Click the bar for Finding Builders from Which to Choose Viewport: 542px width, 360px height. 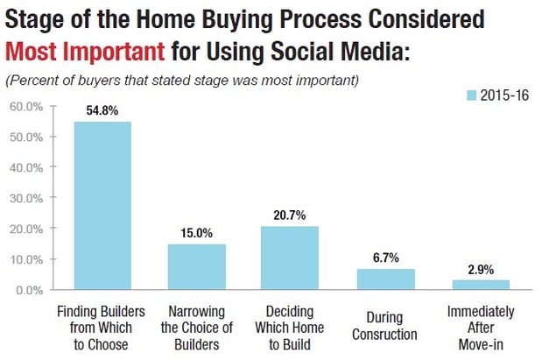tap(102, 206)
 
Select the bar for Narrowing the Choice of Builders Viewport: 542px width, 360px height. tap(197, 266)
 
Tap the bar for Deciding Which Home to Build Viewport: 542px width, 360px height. tap(290, 258)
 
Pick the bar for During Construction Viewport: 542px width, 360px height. tap(386, 279)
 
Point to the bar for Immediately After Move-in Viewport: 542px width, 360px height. tap(481, 285)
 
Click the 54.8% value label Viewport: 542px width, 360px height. tap(102, 110)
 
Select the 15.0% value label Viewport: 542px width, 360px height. tap(197, 233)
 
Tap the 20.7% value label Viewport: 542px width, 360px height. tap(290, 215)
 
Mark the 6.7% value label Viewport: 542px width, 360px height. tap(386, 258)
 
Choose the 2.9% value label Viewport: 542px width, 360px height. tap(481, 270)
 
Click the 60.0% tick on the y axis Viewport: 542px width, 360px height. tap(53, 106)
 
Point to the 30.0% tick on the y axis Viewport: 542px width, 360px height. tap(53, 197)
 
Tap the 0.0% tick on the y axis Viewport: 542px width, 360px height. tap(53, 289)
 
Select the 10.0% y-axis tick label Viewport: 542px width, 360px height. tap(26, 259)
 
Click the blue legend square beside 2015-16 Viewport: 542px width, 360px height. tap(471, 95)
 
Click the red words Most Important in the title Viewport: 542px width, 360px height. tap(85, 51)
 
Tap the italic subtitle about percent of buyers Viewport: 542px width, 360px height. tap(182, 81)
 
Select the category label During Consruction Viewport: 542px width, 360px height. tap(384, 326)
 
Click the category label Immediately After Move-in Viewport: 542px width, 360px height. tap(481, 328)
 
